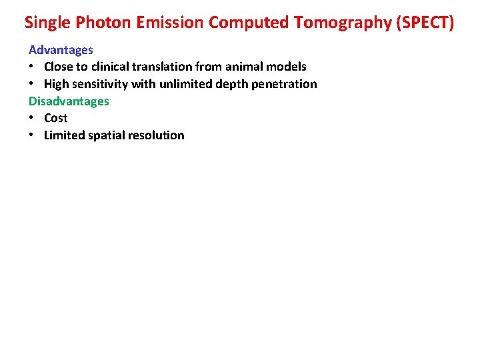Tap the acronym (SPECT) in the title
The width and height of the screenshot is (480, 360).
coord(425,23)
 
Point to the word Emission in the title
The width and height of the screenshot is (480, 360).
coord(170,23)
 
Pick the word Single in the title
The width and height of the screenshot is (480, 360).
coord(48,23)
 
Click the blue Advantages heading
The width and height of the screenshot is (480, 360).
coord(61,50)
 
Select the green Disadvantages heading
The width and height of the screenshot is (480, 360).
coord(69,101)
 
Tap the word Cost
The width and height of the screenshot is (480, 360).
coord(56,118)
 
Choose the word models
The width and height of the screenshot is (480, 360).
coord(287,67)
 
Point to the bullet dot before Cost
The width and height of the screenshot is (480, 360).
coord(31,118)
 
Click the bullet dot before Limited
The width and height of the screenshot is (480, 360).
coord(31,135)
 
